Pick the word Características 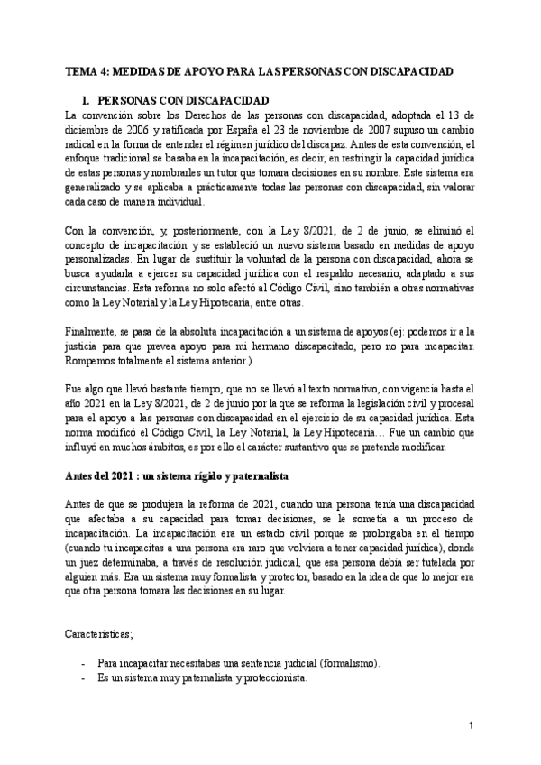[x=99, y=636]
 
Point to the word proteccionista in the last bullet [x=274, y=677]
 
